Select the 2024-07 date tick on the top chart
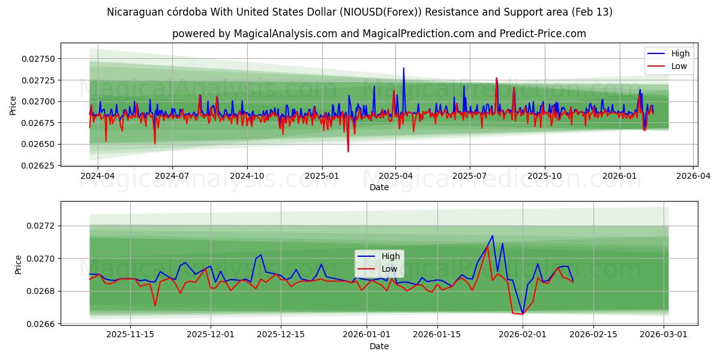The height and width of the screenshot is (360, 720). click(172, 176)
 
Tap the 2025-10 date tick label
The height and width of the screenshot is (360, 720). click(545, 176)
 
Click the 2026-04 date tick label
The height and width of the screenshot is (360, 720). click(694, 176)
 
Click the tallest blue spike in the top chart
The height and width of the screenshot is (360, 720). click(403, 68)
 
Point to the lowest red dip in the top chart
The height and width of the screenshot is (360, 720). click(348, 151)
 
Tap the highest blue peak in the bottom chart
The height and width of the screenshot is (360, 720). click(493, 236)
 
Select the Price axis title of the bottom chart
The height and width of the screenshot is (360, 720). click(18, 265)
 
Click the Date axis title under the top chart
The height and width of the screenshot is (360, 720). click(379, 187)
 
